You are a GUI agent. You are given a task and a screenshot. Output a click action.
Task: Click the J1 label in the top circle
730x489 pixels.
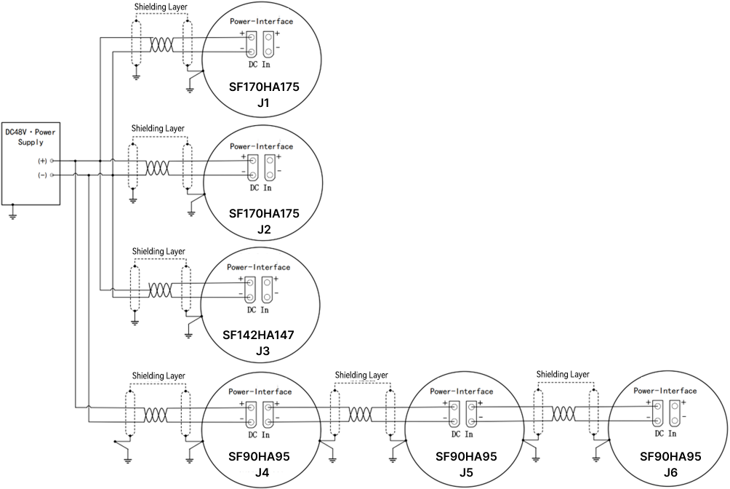point(263,103)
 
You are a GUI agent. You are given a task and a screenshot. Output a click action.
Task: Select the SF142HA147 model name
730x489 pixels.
point(258,335)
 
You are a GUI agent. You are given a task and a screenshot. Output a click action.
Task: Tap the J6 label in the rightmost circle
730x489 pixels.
point(670,472)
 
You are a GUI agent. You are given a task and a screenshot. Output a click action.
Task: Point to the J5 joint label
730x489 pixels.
point(466,472)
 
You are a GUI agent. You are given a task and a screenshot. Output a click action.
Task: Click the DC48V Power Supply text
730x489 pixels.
point(31,137)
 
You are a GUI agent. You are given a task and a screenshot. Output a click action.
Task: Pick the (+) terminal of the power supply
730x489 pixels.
point(52,161)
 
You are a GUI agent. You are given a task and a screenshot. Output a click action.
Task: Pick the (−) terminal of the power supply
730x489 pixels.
point(52,175)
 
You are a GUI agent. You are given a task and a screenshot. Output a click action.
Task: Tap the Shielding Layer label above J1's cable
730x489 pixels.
point(161,7)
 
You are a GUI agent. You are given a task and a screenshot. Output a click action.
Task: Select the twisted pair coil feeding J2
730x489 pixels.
point(157,168)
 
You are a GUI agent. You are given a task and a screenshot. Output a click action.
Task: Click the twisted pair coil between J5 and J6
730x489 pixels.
point(563,413)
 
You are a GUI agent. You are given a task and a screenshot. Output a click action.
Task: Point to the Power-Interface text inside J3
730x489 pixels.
point(258,267)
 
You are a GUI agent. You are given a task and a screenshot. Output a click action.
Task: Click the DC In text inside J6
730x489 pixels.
point(666,434)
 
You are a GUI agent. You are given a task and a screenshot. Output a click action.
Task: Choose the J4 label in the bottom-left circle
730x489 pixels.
point(262,472)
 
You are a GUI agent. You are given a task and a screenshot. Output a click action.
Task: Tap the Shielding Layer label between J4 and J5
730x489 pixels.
point(361,375)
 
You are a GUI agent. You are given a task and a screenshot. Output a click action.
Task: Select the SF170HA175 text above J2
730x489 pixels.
point(264,213)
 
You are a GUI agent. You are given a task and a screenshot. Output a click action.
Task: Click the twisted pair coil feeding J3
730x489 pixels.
point(160,290)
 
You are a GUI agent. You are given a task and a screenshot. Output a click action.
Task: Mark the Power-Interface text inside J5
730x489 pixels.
point(462,391)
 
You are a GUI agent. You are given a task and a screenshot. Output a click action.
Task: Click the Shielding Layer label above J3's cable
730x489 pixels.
point(159,251)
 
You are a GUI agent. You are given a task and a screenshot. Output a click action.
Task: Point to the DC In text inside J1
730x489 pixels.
point(260,64)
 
